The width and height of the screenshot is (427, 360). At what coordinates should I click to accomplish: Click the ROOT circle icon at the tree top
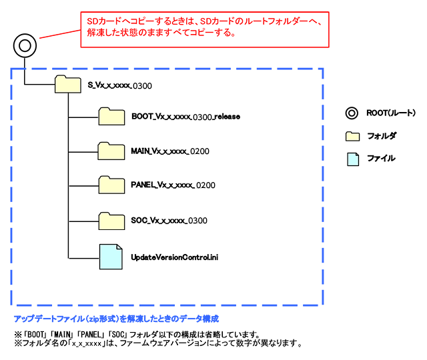(25, 46)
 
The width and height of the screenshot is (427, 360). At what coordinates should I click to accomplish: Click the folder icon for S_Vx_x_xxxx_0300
(65, 85)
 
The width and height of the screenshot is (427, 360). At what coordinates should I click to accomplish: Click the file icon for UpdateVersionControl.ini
(111, 256)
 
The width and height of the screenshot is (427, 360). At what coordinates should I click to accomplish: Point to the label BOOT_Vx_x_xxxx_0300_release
(185, 117)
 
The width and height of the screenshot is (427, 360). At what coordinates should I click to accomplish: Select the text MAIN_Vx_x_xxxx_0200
(170, 151)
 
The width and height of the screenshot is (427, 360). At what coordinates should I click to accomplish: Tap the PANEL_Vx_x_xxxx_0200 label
(173, 185)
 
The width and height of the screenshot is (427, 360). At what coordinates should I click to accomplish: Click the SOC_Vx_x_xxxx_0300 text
(169, 220)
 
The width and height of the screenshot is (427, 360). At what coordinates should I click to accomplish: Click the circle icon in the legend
(352, 113)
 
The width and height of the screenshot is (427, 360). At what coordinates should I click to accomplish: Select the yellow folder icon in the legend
(352, 136)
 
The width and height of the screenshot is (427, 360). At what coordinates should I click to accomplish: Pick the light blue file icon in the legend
(352, 159)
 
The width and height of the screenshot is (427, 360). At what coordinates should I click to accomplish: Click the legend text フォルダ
(382, 136)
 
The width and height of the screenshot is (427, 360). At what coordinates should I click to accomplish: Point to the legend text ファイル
(381, 159)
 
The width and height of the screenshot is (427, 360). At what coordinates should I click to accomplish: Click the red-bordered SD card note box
(205, 28)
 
